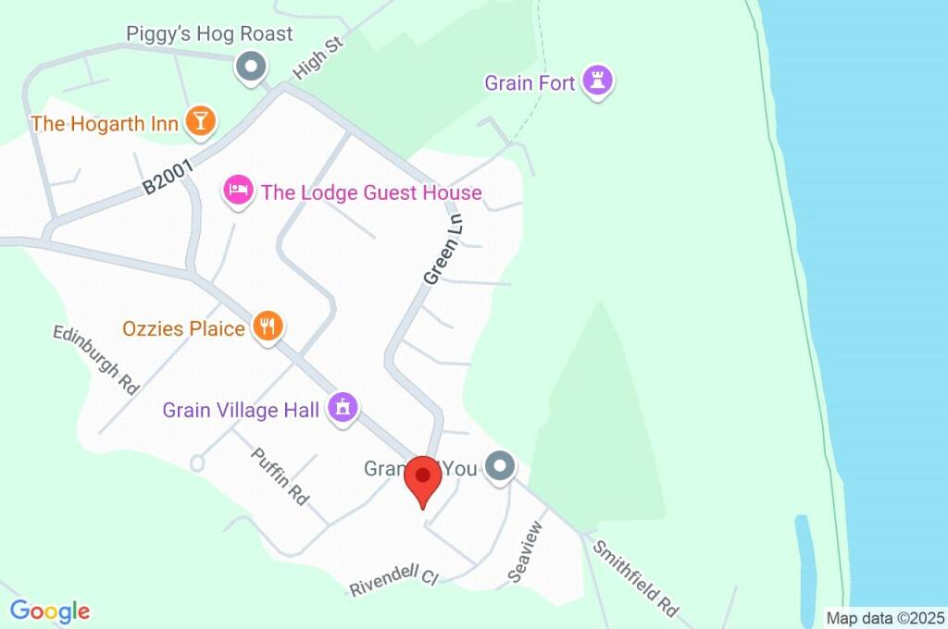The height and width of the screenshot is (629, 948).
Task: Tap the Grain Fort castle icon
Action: pyautogui.click(x=600, y=81)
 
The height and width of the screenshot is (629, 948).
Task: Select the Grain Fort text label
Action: pyautogui.click(x=530, y=83)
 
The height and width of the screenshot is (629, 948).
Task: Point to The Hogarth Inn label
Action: pyautogui.click(x=104, y=123)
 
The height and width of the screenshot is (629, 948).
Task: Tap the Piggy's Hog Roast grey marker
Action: pyautogui.click(x=250, y=67)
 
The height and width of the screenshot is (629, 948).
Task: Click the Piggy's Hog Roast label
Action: pyautogui.click(x=209, y=34)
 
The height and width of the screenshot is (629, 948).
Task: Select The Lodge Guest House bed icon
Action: pyautogui.click(x=238, y=191)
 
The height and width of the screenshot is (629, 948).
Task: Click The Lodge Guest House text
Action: pyautogui.click(x=371, y=192)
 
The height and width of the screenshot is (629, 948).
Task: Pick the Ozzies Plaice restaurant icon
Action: pyautogui.click(x=268, y=326)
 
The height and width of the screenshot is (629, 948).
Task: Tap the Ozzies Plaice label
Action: pyautogui.click(x=183, y=328)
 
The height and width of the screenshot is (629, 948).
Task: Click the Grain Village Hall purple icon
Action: pyautogui.click(x=343, y=406)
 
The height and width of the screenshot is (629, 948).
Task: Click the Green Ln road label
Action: pyautogui.click(x=443, y=250)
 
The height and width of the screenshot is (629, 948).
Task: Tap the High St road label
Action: pyautogui.click(x=318, y=57)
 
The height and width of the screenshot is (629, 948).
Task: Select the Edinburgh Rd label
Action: pyautogui.click(x=96, y=359)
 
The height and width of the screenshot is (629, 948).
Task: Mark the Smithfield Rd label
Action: pyautogui.click(x=635, y=579)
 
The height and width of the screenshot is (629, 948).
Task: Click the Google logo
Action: pyautogui.click(x=50, y=610)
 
